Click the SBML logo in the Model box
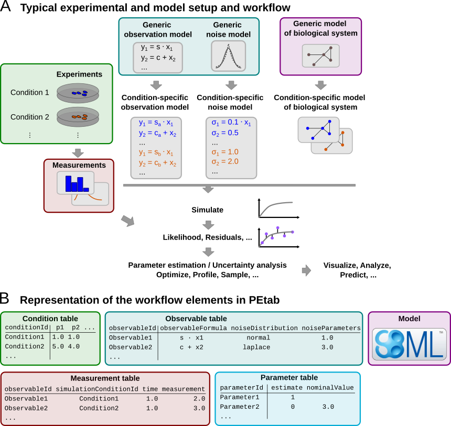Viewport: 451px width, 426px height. click(x=409, y=344)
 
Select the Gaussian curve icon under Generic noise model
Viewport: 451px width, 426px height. click(x=228, y=56)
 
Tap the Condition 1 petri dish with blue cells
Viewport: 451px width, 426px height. click(x=78, y=93)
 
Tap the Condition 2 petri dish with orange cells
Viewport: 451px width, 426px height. click(x=78, y=117)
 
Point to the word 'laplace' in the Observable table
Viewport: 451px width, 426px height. click(x=257, y=347)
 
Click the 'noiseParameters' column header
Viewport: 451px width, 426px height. click(x=331, y=328)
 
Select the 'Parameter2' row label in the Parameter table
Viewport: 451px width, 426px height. click(x=239, y=407)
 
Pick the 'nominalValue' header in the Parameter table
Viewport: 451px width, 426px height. click(x=330, y=388)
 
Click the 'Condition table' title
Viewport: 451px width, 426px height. click(x=50, y=318)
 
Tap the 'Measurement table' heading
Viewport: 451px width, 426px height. click(x=105, y=378)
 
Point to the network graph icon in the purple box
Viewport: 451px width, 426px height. click(x=320, y=56)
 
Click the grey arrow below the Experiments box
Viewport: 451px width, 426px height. click(x=78, y=152)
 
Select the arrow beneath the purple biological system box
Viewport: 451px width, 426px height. click(x=320, y=85)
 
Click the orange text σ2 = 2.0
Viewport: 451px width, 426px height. click(x=224, y=161)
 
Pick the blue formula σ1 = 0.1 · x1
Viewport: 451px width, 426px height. click(x=231, y=123)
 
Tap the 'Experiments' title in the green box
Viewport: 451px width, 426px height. click(x=79, y=74)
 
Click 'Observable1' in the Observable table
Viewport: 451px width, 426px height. click(x=130, y=338)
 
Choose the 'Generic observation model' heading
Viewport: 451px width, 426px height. click(x=157, y=29)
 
